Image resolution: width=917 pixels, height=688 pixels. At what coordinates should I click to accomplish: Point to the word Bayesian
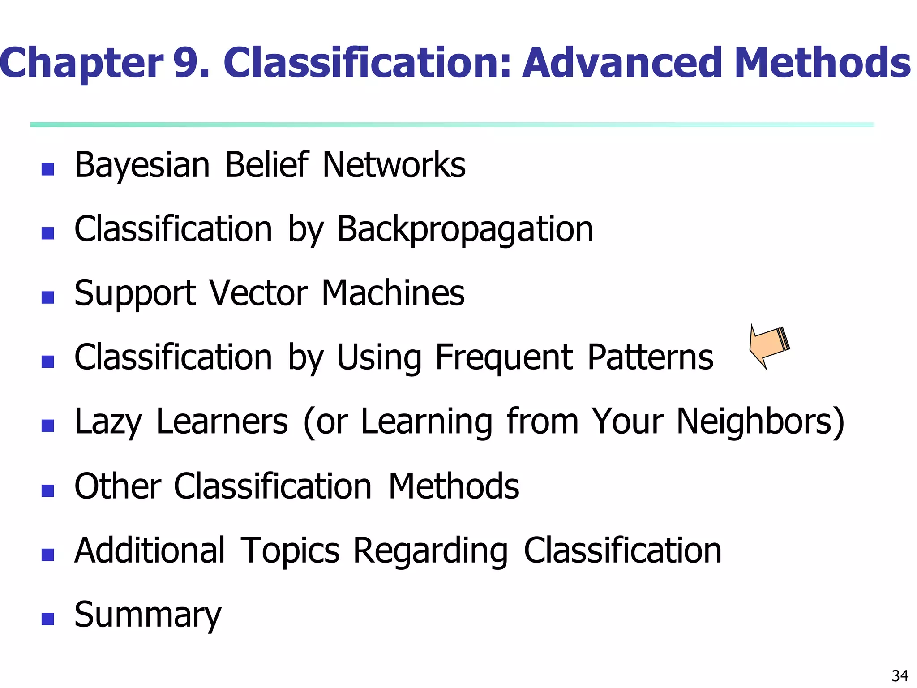[x=142, y=166]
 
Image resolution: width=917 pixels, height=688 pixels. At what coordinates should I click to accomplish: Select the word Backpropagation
[x=465, y=230]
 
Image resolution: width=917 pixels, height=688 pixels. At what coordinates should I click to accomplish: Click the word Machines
[x=393, y=293]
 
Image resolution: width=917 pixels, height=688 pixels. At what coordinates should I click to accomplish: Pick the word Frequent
[x=504, y=358]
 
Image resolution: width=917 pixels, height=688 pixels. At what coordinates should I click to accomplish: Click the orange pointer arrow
[x=769, y=346]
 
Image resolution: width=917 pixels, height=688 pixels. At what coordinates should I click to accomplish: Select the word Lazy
[x=108, y=422]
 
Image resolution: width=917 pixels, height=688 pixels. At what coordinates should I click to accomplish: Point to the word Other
[x=118, y=486]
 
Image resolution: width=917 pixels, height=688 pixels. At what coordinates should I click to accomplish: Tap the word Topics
[x=290, y=551]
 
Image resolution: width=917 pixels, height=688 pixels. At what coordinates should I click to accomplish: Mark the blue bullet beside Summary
[x=47, y=619]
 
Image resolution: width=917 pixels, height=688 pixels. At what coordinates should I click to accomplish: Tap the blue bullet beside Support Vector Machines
[x=47, y=297]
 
